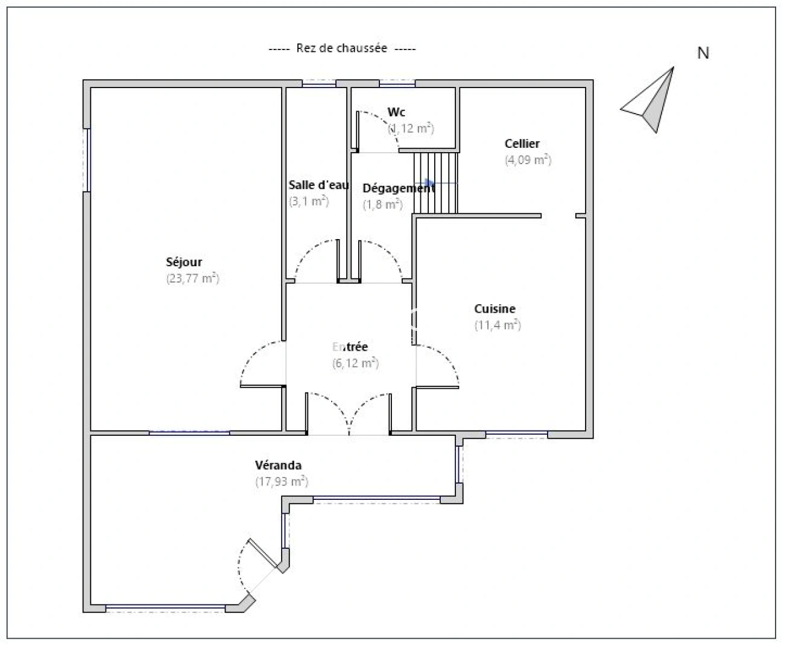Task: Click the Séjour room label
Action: (184, 263)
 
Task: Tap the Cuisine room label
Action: (495, 309)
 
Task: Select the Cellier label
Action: (522, 144)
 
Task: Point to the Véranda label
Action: (278, 465)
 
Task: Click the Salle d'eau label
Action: (318, 185)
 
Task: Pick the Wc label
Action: (396, 112)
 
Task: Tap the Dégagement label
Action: (398, 188)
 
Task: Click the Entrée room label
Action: (350, 347)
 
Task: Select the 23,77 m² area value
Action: (192, 279)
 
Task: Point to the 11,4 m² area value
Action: (498, 325)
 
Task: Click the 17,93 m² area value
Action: (282, 482)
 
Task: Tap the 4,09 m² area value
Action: (528, 160)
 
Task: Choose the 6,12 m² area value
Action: (355, 363)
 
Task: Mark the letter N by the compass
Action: (703, 53)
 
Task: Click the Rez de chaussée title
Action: (342, 48)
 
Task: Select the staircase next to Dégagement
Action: (436, 182)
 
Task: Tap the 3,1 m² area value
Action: (309, 202)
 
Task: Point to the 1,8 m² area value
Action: (382, 205)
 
